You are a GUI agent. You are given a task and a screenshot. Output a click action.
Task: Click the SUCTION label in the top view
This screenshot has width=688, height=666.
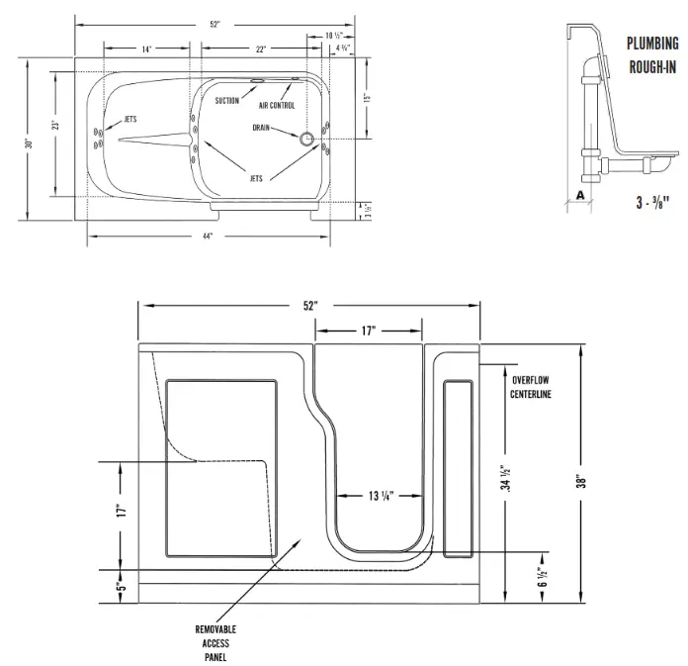coord(227,101)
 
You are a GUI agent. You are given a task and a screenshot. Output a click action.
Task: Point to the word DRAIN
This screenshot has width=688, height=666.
coord(262,127)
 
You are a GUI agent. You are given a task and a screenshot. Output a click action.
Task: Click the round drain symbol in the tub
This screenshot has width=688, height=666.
coord(306,140)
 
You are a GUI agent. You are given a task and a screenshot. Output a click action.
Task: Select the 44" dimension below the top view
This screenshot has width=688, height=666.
coord(207,237)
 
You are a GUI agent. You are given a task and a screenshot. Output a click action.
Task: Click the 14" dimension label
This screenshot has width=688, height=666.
coord(145,48)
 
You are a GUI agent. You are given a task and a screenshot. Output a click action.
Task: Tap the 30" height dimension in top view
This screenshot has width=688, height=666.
coord(31,144)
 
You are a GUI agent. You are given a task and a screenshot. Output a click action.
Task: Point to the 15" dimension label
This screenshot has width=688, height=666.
coord(365,98)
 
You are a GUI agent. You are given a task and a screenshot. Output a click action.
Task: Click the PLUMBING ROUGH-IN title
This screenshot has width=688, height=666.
coord(652,55)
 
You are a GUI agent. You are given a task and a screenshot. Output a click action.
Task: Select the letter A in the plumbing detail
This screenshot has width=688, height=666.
coord(579,195)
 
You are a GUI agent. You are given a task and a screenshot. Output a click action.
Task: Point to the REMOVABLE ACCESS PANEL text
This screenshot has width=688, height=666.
coord(215,642)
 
